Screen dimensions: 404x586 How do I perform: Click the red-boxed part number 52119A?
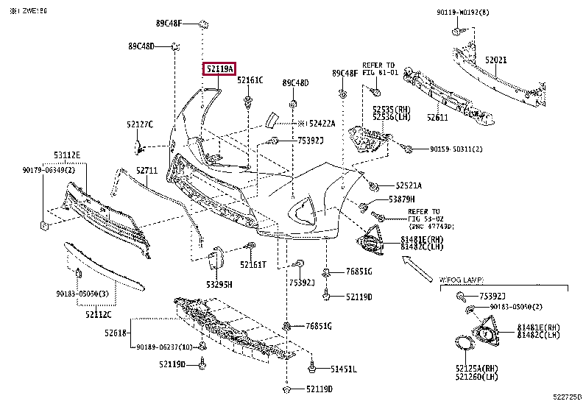pyautogui.click(x=219, y=70)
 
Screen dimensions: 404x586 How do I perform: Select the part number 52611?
pyautogui.click(x=437, y=117)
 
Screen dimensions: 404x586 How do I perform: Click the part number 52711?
pyautogui.click(x=146, y=171)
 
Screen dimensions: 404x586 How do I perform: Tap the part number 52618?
pyautogui.click(x=118, y=333)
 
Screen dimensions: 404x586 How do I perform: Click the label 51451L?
pyautogui.click(x=343, y=369)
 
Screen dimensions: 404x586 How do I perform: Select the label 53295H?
pyautogui.click(x=219, y=284)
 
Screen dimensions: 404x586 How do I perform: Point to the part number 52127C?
pyautogui.click(x=139, y=124)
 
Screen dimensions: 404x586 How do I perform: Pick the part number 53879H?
pyautogui.click(x=402, y=199)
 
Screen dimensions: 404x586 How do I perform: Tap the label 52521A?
pyautogui.click(x=409, y=185)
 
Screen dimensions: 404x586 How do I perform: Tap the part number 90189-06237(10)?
pyautogui.click(x=164, y=348)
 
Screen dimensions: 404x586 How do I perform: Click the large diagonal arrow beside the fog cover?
pyautogui.click(x=420, y=268)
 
